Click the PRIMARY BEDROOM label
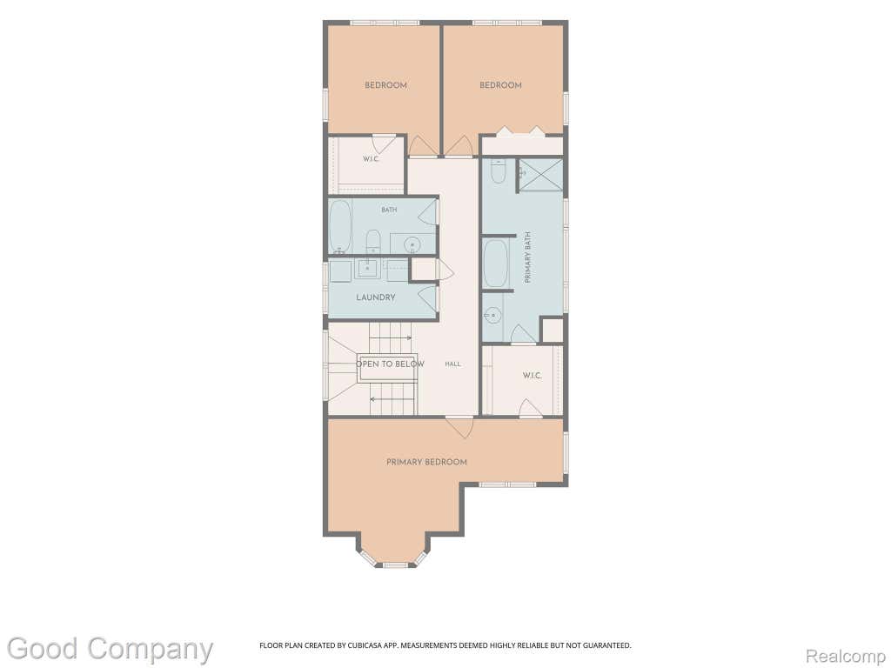[426, 462]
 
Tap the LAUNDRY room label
[376, 297]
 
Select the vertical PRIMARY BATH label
[527, 257]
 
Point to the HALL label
[452, 364]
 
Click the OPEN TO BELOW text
[390, 364]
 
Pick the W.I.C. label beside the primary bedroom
[532, 376]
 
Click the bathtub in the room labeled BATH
[340, 226]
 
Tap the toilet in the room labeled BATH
[372, 242]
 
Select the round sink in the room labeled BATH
[412, 244]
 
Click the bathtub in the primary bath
[495, 264]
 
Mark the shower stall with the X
[541, 175]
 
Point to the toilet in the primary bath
[499, 171]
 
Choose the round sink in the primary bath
[492, 314]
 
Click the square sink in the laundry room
[368, 267]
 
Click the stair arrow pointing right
[391, 337]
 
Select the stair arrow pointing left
[392, 399]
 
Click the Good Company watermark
[110, 649]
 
